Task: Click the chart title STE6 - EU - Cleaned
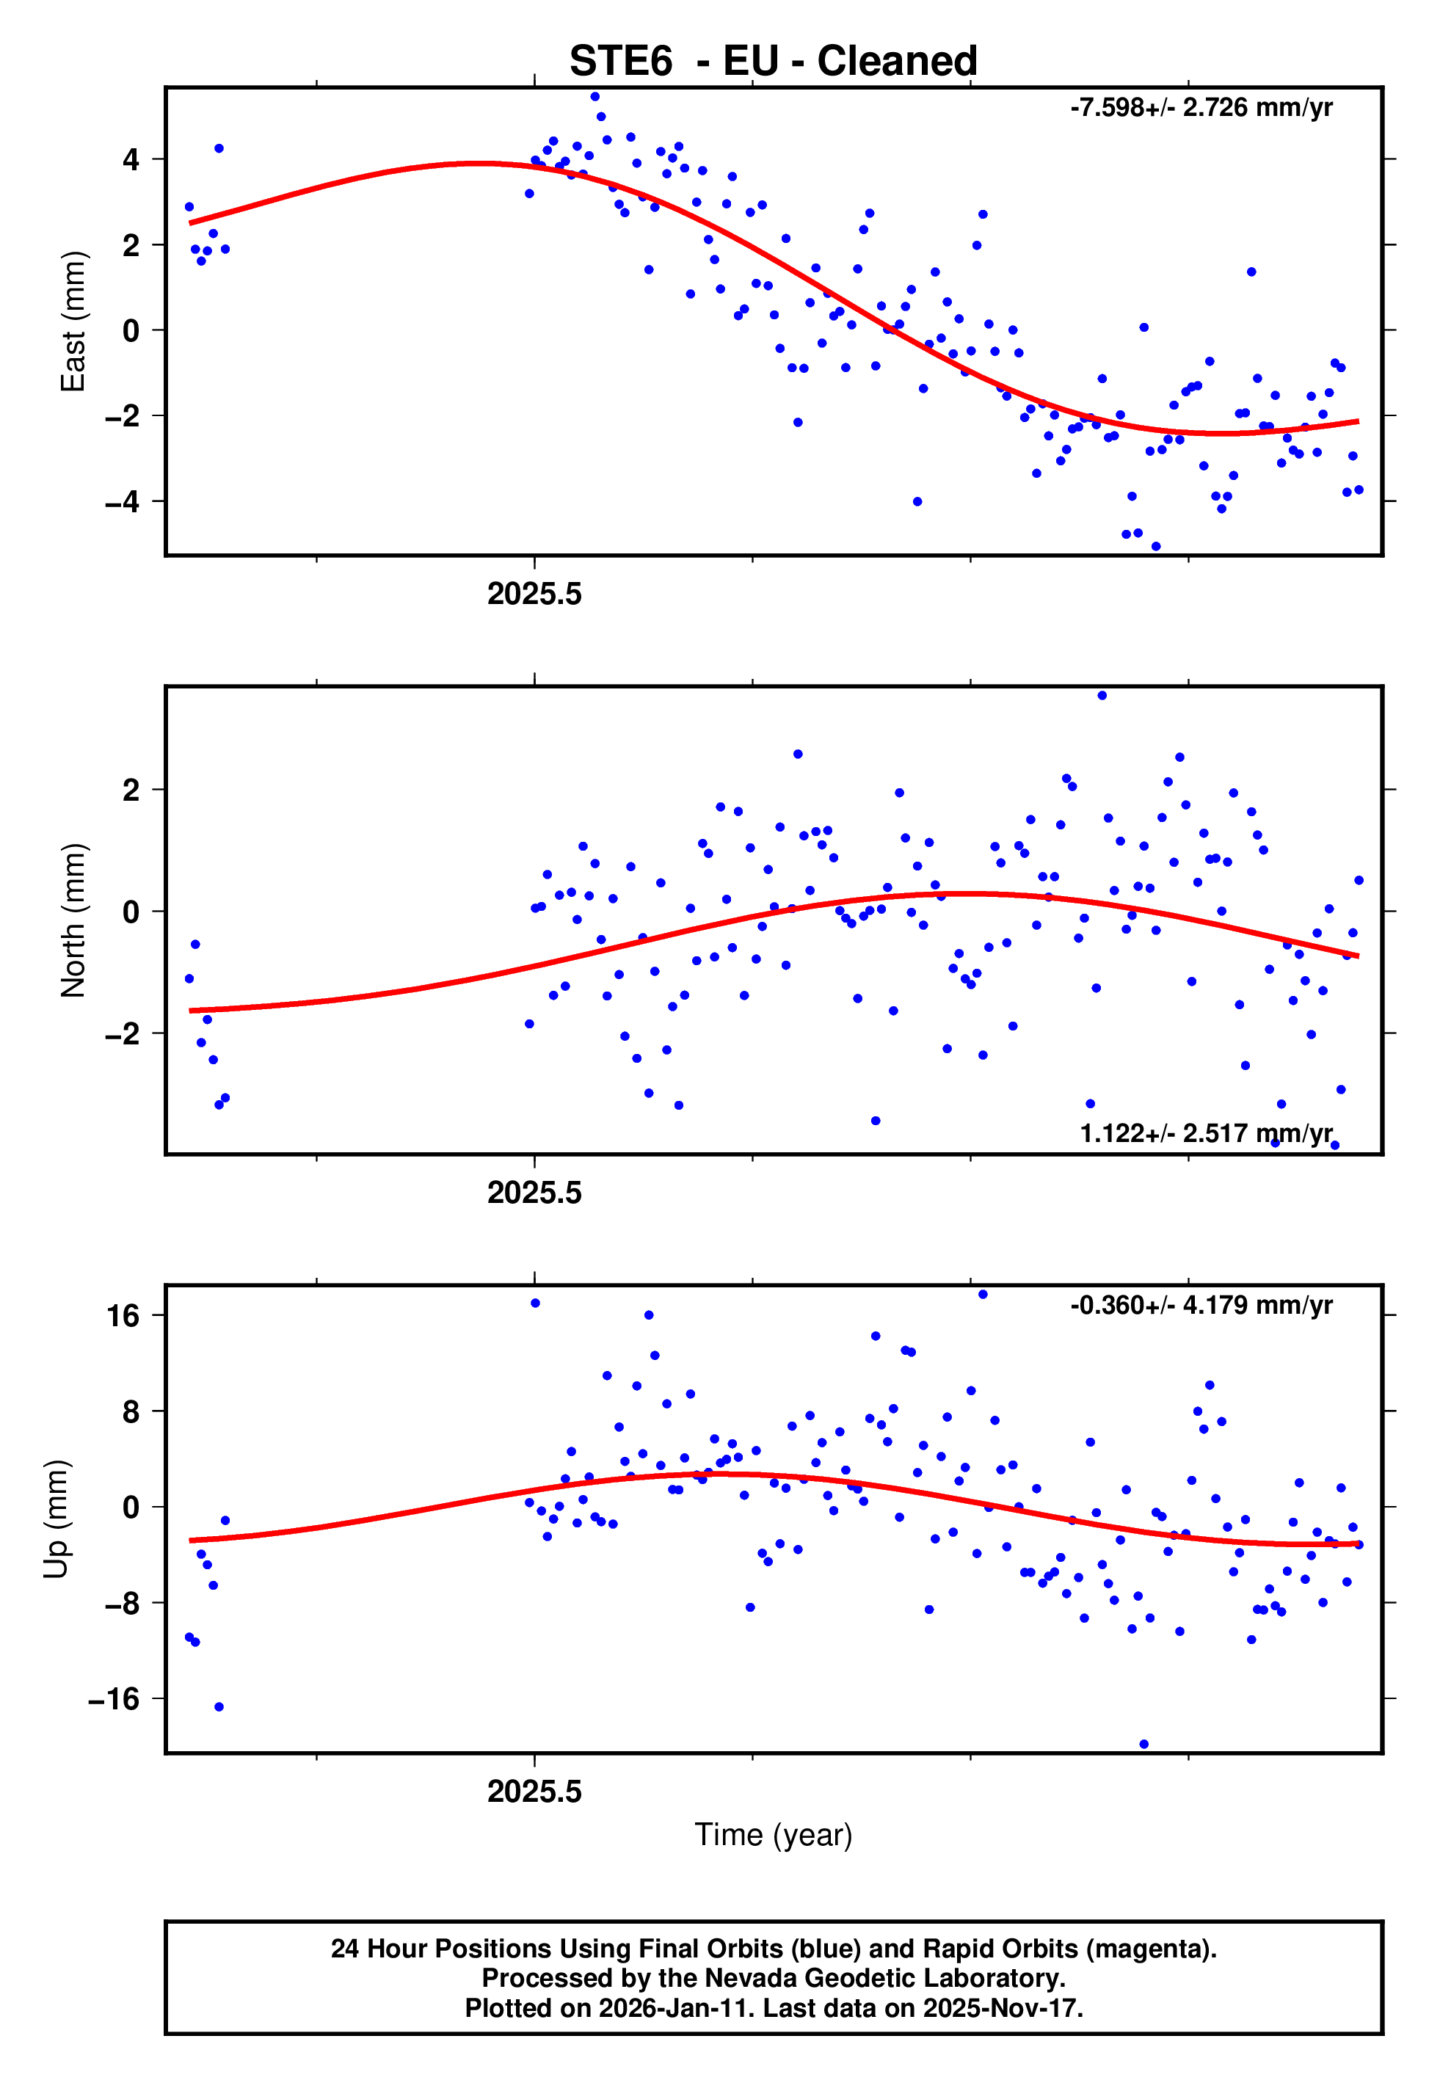click(x=774, y=62)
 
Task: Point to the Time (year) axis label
click(x=774, y=1835)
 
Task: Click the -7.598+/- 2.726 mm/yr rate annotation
click(x=1201, y=108)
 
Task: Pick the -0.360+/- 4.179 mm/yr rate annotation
click(x=1201, y=1305)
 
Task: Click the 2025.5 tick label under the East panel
click(x=534, y=594)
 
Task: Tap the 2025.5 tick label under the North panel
click(x=534, y=1193)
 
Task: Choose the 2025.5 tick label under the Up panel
click(x=534, y=1792)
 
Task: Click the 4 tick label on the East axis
click(x=131, y=160)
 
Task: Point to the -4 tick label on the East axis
click(x=123, y=501)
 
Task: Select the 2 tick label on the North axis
click(x=131, y=790)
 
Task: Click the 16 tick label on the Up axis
click(x=123, y=1316)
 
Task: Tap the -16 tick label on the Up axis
click(x=114, y=1699)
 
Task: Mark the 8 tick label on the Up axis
click(x=131, y=1411)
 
